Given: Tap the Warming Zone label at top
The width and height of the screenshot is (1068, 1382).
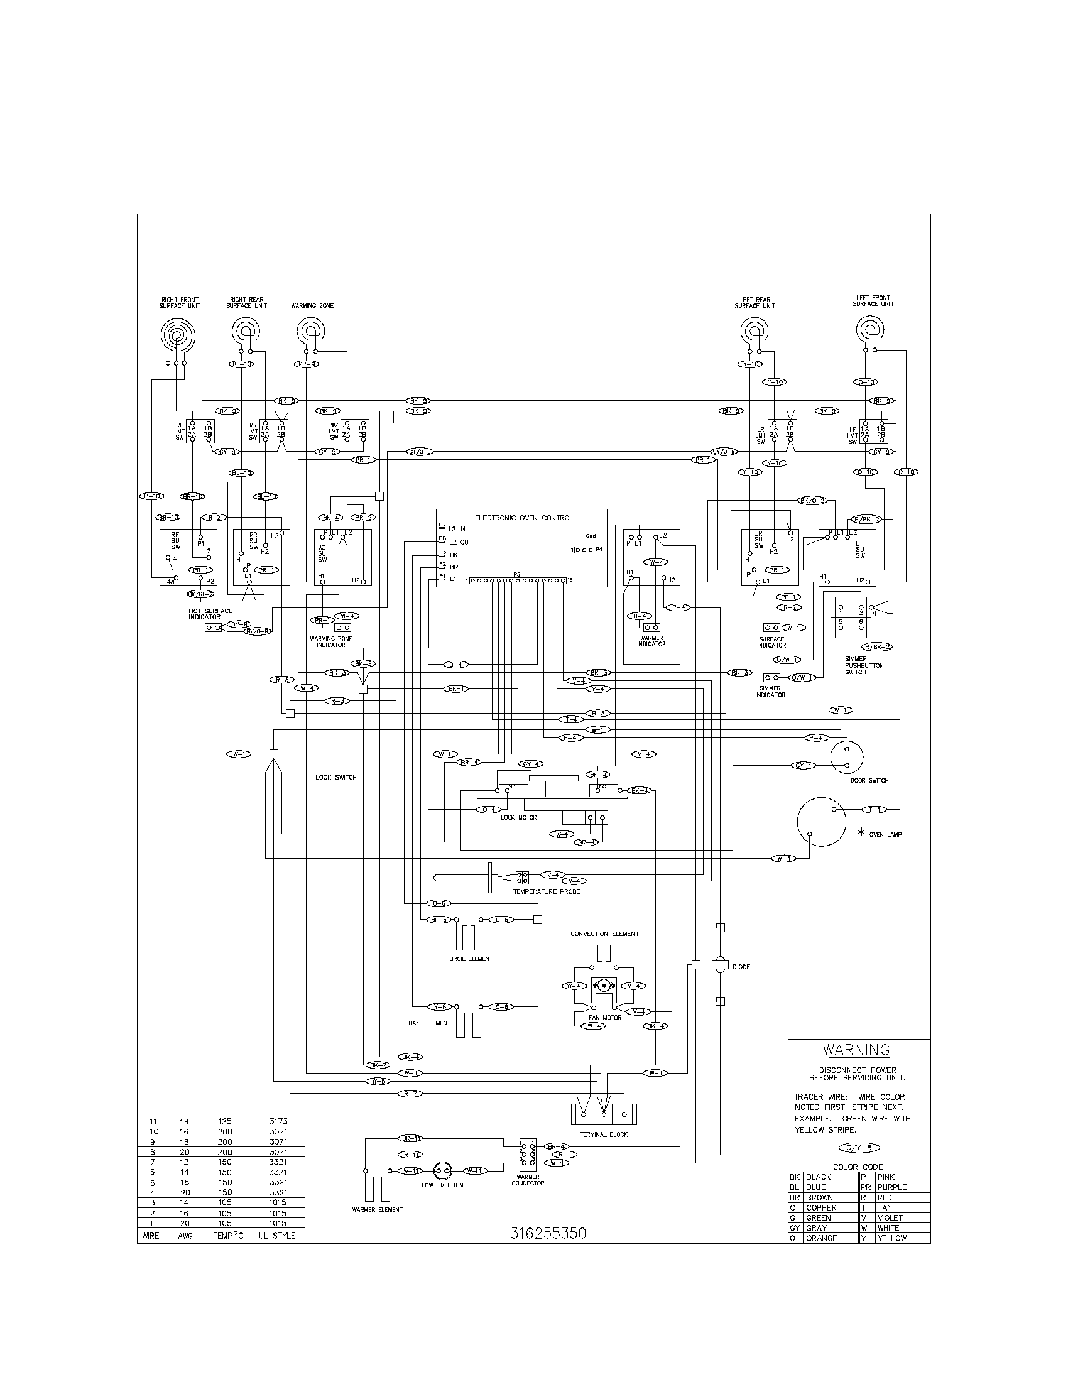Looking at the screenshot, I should (x=312, y=306).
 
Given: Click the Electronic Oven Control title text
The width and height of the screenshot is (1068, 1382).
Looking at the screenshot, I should (x=524, y=518).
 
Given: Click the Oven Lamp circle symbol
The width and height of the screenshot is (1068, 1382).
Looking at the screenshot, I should (x=821, y=822).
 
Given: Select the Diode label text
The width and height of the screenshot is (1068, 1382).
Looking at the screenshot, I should (x=741, y=967).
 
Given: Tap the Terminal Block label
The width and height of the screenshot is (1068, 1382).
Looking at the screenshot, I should (x=604, y=1134).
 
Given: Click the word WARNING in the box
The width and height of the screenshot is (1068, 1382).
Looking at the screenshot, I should (x=856, y=1050).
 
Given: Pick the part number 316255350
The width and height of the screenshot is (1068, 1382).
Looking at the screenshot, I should (x=548, y=1233).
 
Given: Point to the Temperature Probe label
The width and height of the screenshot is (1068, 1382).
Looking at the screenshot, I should (x=547, y=891).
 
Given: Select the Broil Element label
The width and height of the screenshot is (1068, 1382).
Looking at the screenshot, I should (x=471, y=959).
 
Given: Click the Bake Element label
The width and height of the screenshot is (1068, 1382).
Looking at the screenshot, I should (x=430, y=1023).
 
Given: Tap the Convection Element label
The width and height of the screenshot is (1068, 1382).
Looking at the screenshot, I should (x=604, y=934).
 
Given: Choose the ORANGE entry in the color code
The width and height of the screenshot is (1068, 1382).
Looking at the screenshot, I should (x=821, y=1238).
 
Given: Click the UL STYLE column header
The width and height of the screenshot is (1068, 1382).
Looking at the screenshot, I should (x=276, y=1235).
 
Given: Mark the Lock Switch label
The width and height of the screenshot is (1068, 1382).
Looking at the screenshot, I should (x=336, y=777).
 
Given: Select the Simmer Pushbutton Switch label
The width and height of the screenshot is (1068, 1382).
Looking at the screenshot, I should (x=864, y=665).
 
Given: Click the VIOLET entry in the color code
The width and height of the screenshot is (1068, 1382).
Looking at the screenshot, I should (x=890, y=1217).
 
